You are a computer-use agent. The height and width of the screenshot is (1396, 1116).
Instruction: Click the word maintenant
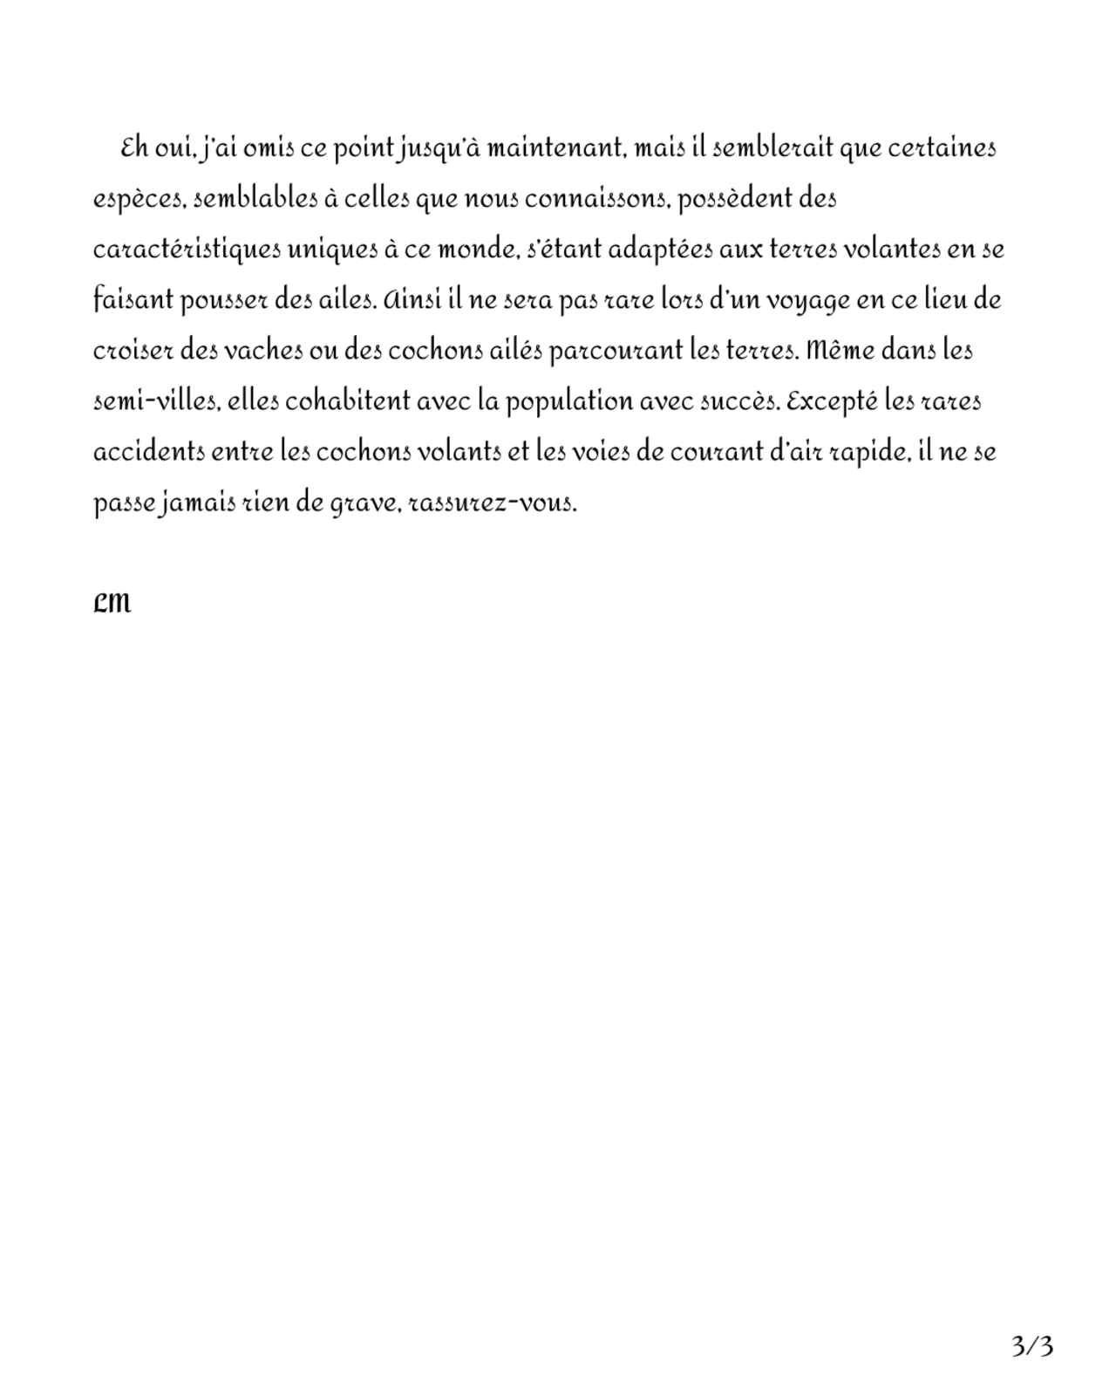(555, 149)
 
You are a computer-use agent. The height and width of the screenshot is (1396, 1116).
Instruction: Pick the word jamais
(197, 504)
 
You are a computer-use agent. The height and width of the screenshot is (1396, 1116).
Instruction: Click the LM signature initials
(112, 602)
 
